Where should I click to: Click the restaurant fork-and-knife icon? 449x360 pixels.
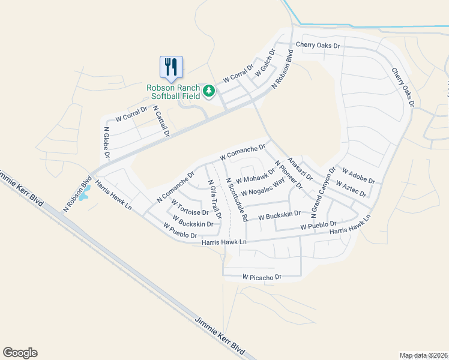(x=171, y=67)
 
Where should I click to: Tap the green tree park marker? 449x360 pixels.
(x=208, y=91)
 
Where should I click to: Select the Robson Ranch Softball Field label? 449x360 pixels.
(x=173, y=92)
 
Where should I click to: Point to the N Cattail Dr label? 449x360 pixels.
(x=161, y=122)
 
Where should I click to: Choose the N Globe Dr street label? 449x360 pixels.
(x=107, y=142)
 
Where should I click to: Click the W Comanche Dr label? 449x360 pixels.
(x=243, y=152)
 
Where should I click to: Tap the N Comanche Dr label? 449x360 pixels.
(x=176, y=187)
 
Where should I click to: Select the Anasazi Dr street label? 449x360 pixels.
(x=300, y=169)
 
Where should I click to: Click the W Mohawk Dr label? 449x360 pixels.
(x=255, y=176)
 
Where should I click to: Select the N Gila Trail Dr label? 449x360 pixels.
(x=214, y=199)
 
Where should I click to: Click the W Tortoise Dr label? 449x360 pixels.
(x=190, y=208)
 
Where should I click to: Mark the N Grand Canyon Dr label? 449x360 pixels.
(x=323, y=193)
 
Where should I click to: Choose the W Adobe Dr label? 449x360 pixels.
(x=358, y=176)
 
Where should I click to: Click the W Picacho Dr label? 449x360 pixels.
(x=262, y=277)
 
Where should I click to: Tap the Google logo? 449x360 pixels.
(x=20, y=353)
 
